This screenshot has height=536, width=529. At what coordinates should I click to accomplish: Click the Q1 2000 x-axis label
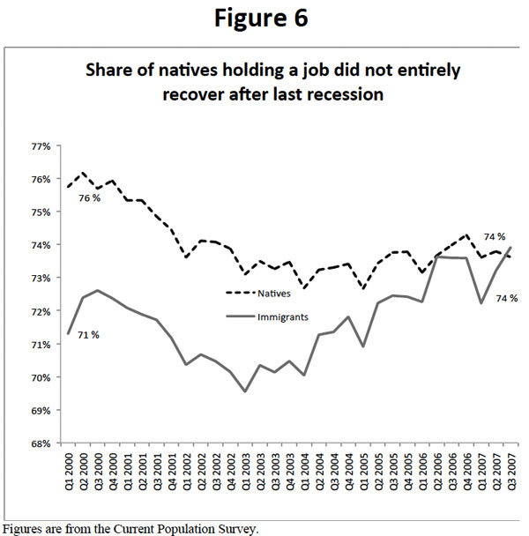tap(68, 476)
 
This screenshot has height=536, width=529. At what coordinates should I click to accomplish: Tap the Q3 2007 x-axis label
tap(511, 476)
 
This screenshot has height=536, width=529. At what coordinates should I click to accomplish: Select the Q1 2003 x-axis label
tap(245, 476)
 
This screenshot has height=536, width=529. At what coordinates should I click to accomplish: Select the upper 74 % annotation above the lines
tap(495, 236)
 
